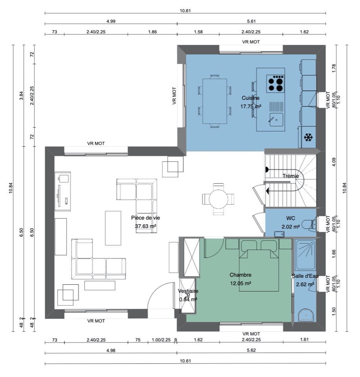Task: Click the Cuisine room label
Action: point(250,98)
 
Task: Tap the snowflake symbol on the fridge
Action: point(308,137)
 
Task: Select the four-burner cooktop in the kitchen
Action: point(276,84)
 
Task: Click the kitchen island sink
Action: point(276,119)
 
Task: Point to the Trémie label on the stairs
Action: point(290,176)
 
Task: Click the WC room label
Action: point(290,218)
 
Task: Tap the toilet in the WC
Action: point(309,224)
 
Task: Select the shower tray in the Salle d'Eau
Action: point(305,255)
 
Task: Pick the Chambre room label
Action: point(241,275)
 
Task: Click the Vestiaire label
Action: point(188,291)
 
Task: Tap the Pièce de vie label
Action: point(145,218)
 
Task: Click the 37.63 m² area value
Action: point(145,226)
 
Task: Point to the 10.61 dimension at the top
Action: point(185,11)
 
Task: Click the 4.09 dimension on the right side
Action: point(334,162)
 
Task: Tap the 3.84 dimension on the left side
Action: point(21,96)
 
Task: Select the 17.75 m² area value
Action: point(251,106)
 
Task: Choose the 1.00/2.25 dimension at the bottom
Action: point(161,340)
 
